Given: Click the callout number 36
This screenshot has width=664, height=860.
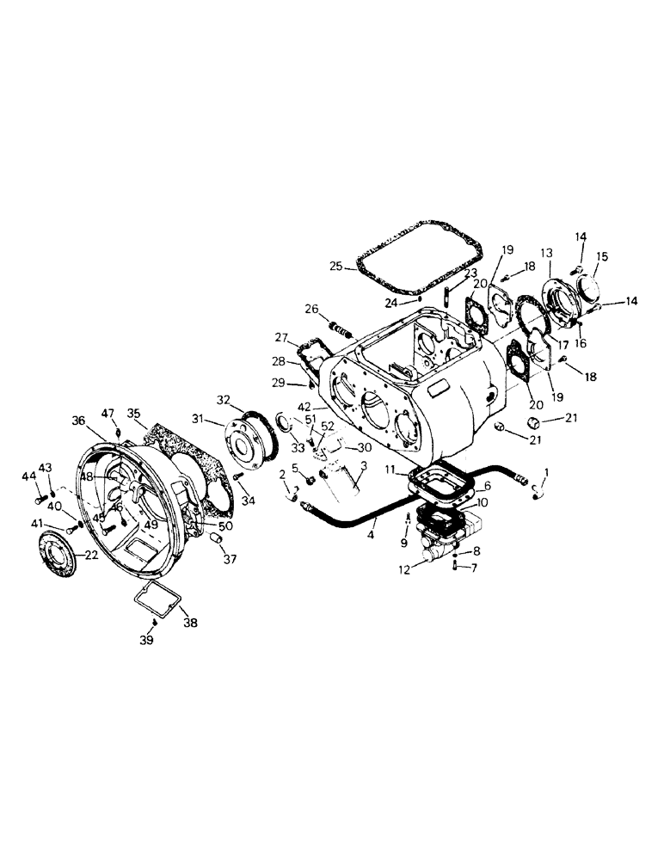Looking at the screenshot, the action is pyautogui.click(x=78, y=421).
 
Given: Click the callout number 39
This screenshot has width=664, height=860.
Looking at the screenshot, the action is pyautogui.click(x=147, y=640).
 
